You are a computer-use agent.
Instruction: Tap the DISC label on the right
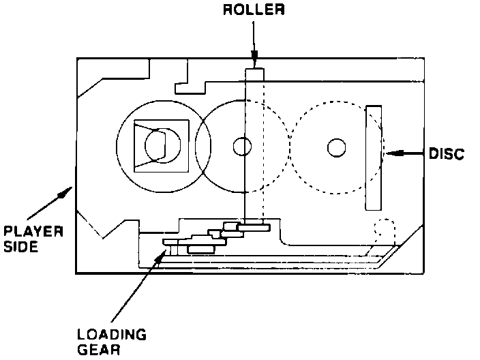447,153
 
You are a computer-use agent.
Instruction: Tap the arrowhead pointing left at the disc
389,154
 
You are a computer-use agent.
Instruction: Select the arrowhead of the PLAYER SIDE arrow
65,192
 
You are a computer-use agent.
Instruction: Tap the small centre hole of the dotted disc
335,147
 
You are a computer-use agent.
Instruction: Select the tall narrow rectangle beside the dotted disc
374,157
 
